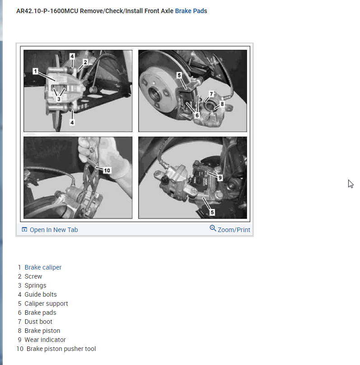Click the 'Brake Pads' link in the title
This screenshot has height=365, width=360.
click(x=191, y=11)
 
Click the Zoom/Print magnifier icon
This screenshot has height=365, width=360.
click(x=213, y=228)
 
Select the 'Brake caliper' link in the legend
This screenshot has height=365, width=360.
click(x=43, y=267)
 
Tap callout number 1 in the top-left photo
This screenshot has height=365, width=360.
click(x=35, y=71)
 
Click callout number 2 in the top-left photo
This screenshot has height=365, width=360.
click(x=85, y=62)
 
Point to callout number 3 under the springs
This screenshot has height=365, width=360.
click(x=59, y=99)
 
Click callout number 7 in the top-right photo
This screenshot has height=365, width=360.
click(x=211, y=94)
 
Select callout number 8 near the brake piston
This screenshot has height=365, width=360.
click(x=222, y=104)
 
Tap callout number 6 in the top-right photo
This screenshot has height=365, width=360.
click(x=197, y=115)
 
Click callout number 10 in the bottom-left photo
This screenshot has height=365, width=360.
click(x=107, y=171)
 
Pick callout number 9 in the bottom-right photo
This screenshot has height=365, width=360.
click(x=220, y=178)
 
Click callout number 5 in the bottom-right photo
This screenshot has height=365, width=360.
click(x=212, y=212)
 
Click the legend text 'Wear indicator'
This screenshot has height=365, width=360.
click(x=45, y=340)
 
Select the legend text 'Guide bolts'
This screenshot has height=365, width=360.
click(x=41, y=294)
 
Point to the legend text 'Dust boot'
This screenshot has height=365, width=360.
click(x=38, y=322)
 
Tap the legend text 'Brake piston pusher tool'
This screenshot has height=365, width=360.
click(x=61, y=349)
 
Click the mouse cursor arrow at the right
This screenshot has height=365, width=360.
click(x=351, y=184)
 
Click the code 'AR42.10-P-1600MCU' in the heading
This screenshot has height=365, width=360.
click(x=47, y=11)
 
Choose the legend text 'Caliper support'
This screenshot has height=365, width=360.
click(x=46, y=303)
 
